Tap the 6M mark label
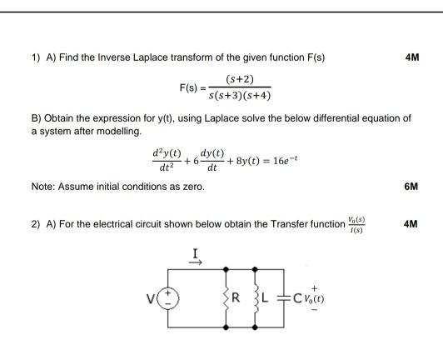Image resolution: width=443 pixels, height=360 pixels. point(410,187)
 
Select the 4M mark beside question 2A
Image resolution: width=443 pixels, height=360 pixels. point(410,225)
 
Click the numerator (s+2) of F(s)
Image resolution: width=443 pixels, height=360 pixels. point(240,79)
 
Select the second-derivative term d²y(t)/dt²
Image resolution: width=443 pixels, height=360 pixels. point(166,157)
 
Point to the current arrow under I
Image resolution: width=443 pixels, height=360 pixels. point(197,261)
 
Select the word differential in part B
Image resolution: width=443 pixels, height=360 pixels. point(338,119)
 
